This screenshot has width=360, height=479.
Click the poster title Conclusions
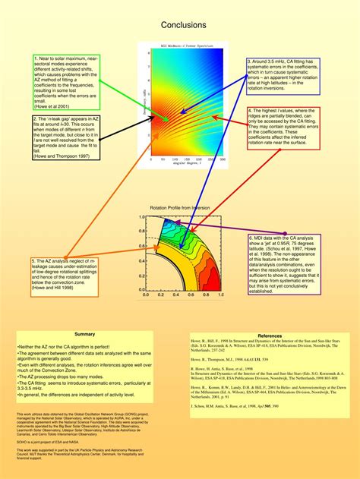[x=179, y=25]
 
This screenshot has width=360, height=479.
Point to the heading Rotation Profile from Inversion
[x=180, y=207]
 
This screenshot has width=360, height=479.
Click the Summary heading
[x=85, y=335]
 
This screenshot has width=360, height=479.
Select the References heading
[x=270, y=336]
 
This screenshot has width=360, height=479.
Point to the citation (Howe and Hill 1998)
[x=52, y=288]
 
